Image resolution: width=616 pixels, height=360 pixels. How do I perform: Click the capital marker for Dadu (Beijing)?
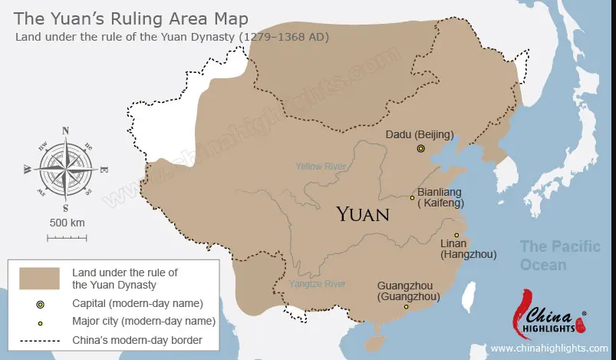coord(420,148)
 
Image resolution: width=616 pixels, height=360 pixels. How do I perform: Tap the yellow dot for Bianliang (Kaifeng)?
coord(412,197)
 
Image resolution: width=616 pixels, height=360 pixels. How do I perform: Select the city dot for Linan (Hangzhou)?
coord(456,235)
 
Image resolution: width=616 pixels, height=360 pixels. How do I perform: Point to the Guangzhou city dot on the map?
coord(407,307)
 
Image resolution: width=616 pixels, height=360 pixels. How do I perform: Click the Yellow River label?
coord(321,166)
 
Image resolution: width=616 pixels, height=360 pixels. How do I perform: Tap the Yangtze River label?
coord(318,284)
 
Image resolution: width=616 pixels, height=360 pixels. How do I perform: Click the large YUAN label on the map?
coord(362,213)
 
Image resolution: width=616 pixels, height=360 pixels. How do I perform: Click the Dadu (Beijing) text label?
coord(419,135)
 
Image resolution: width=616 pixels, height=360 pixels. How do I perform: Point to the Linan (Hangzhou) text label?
coord(468,249)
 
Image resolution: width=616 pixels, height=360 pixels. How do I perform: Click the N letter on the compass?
coord(65,130)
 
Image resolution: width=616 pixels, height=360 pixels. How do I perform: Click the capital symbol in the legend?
coord(40,305)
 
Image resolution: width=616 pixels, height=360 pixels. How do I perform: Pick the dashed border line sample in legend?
coord(40,339)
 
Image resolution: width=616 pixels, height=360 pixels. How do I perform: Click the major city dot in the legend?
coord(40,322)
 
